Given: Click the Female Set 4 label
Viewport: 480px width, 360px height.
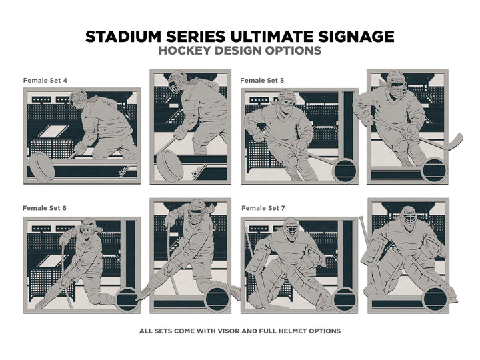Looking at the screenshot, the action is pyautogui.click(x=45, y=81).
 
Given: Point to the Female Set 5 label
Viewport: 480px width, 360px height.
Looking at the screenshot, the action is pyautogui.click(x=262, y=81).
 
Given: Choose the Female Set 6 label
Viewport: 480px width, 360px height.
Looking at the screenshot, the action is pyautogui.click(x=45, y=208).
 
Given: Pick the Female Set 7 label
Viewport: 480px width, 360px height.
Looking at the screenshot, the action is pyautogui.click(x=263, y=208).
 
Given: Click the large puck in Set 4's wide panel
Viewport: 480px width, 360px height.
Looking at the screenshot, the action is pyautogui.click(x=42, y=167).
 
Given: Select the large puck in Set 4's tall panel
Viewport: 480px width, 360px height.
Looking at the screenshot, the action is pyautogui.click(x=170, y=165).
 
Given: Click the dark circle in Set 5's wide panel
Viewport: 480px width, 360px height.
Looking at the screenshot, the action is pyautogui.click(x=345, y=171).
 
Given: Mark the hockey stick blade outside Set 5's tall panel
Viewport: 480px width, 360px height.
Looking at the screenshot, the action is pyautogui.click(x=455, y=141).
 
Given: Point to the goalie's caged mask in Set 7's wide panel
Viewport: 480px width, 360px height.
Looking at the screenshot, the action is pyautogui.click(x=291, y=229).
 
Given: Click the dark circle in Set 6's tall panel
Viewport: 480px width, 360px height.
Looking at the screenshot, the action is pyautogui.click(x=217, y=299).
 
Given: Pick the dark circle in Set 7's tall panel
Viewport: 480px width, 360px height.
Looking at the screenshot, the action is pyautogui.click(x=435, y=299).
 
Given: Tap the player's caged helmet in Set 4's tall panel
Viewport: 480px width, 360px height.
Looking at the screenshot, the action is pyautogui.click(x=177, y=82).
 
